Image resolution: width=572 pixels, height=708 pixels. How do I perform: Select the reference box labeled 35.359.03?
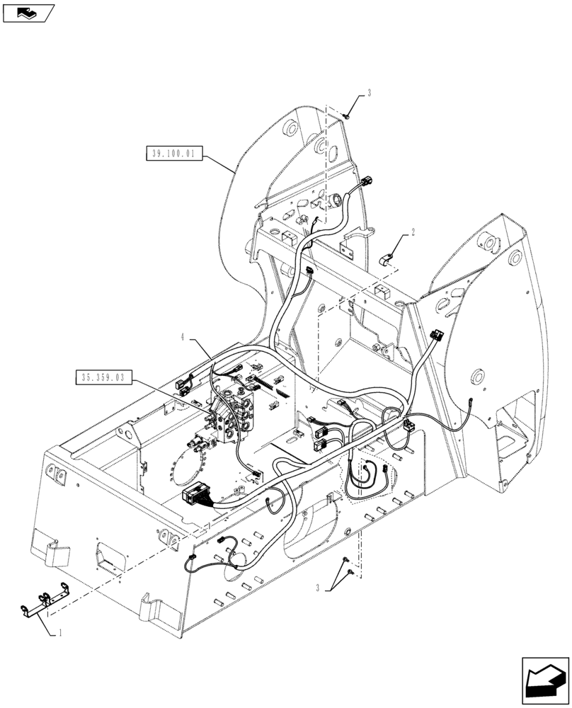click(103, 378)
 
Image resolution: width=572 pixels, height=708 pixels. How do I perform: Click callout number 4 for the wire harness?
click(183, 338)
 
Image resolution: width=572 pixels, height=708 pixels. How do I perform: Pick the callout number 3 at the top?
click(369, 93)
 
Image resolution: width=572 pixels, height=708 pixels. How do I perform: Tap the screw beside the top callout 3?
click(347, 115)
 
